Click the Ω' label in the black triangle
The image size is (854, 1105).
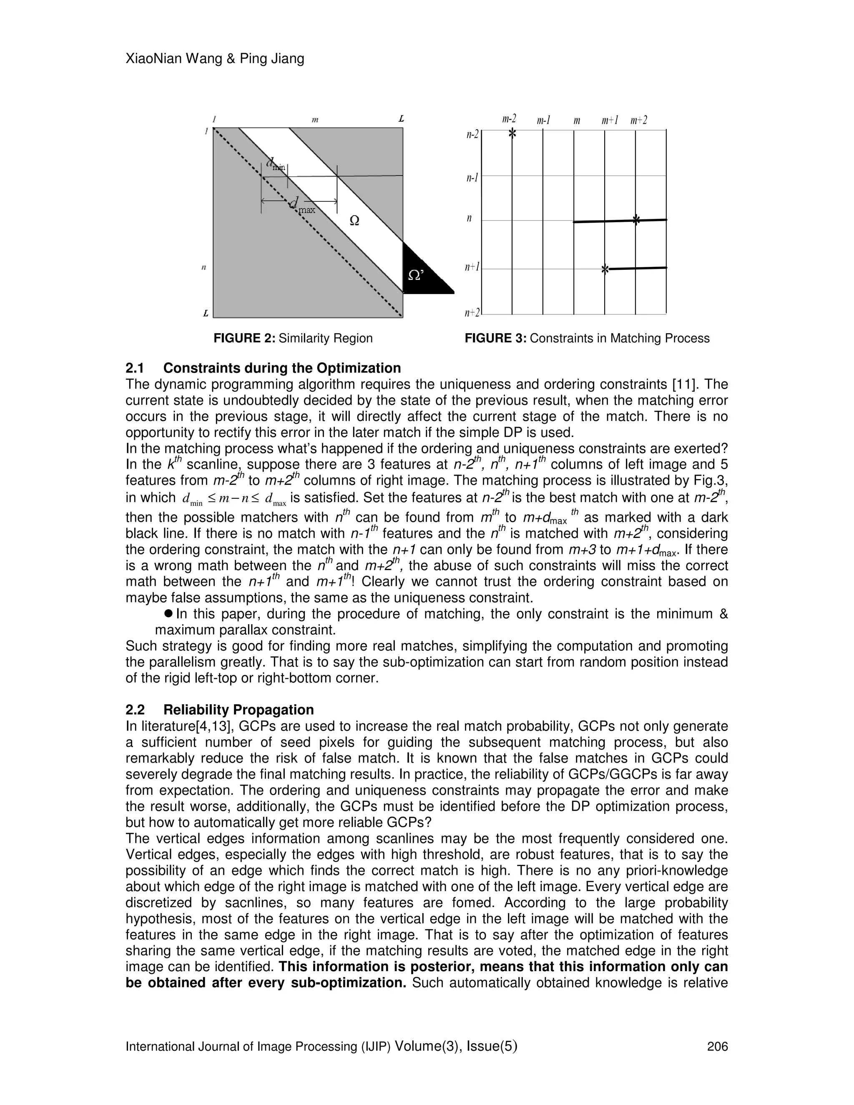tap(416, 275)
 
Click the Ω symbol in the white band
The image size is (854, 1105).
tap(355, 221)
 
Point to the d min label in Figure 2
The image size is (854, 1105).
tap(276, 164)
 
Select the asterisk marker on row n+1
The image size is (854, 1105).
tap(605, 270)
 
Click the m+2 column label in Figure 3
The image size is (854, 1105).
tap(639, 121)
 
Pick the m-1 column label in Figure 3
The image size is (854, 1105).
tap(543, 121)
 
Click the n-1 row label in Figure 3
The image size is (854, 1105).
tap(472, 178)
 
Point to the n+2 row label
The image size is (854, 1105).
tap(472, 313)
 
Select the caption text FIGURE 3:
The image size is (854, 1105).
tap(495, 338)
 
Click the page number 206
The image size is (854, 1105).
tap(717, 1046)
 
